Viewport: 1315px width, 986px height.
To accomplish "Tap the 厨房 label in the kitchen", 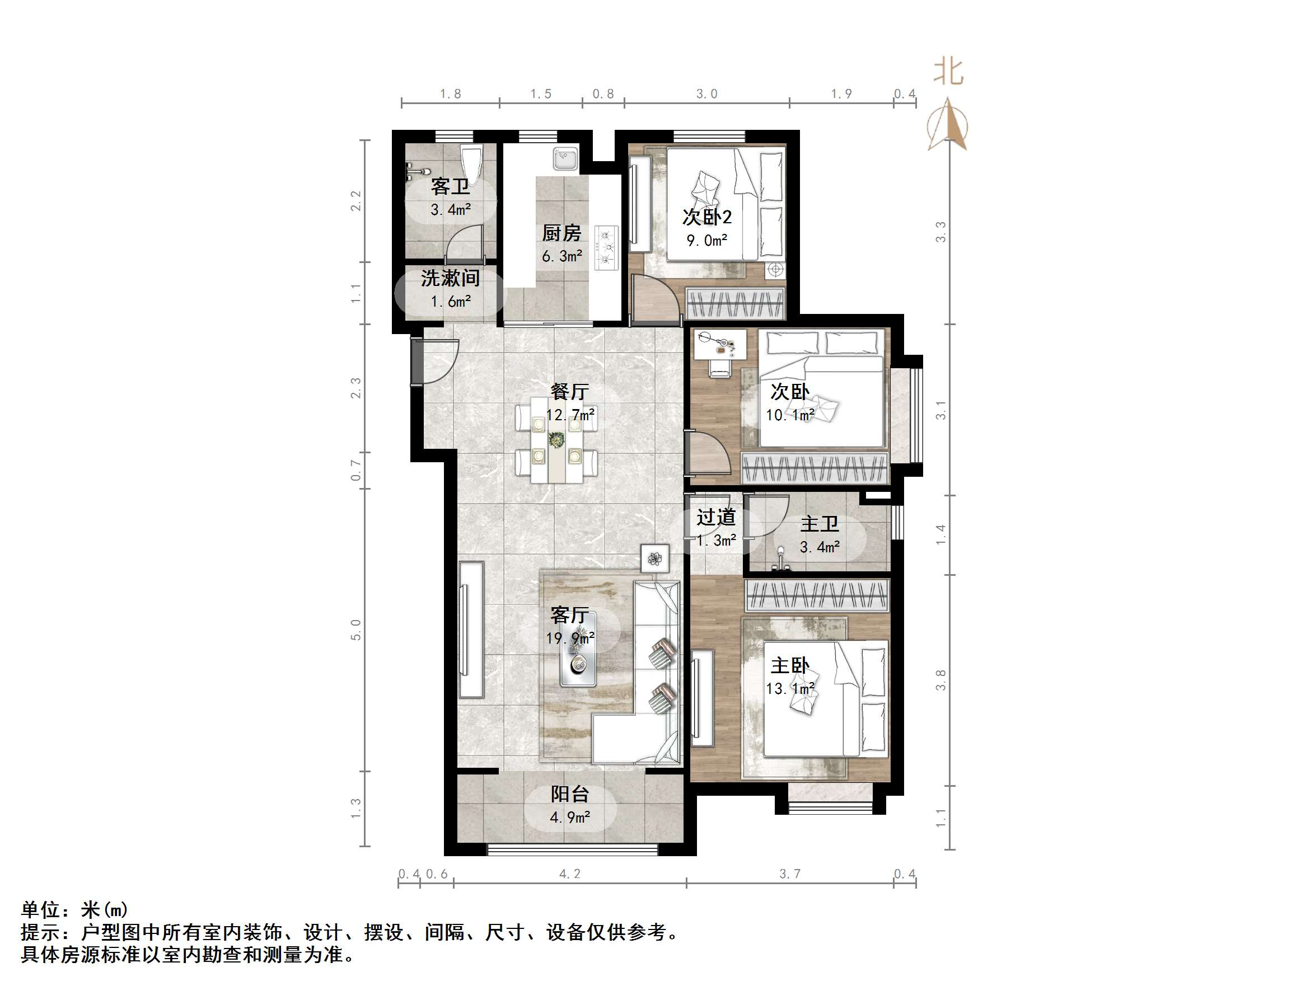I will pos(561,233).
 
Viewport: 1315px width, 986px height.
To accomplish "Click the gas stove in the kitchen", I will pos(607,247).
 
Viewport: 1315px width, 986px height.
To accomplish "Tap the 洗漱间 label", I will pos(450,278).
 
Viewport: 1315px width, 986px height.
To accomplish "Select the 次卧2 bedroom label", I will pos(707,217).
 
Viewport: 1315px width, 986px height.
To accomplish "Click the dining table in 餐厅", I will pos(556,440).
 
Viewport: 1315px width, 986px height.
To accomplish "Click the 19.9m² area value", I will pos(570,638).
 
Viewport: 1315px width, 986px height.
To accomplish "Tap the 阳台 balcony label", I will pos(569,794).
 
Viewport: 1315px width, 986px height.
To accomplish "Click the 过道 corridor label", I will pos(716,517).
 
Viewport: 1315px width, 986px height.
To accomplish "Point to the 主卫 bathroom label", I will pos(819,524).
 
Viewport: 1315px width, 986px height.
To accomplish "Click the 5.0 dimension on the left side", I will pos(355,630).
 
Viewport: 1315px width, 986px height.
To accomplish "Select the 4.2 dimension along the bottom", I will pos(569,874).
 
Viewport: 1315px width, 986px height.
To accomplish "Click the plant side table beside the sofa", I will pos(655,558).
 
